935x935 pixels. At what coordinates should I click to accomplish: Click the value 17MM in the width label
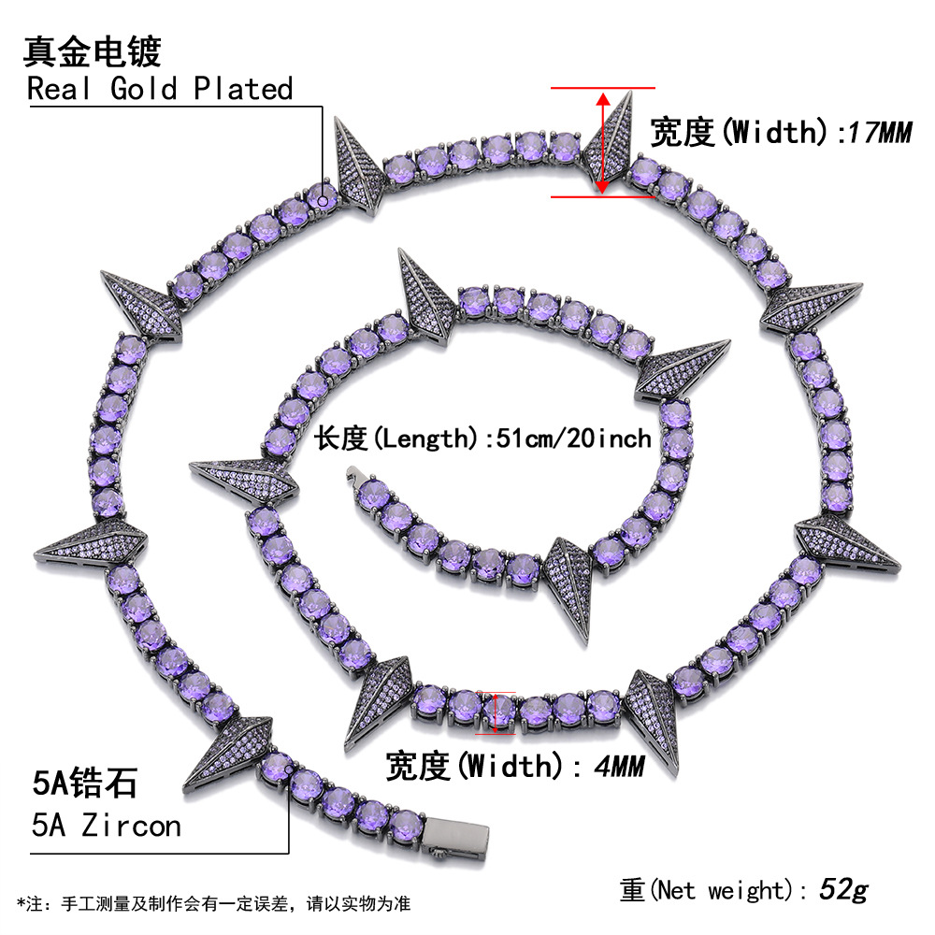tap(878, 132)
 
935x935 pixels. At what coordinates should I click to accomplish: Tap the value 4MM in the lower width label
tap(620, 767)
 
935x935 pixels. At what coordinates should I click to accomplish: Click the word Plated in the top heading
tap(244, 89)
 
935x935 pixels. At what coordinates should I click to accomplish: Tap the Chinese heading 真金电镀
tap(92, 51)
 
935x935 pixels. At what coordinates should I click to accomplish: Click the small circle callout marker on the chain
tap(324, 197)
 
